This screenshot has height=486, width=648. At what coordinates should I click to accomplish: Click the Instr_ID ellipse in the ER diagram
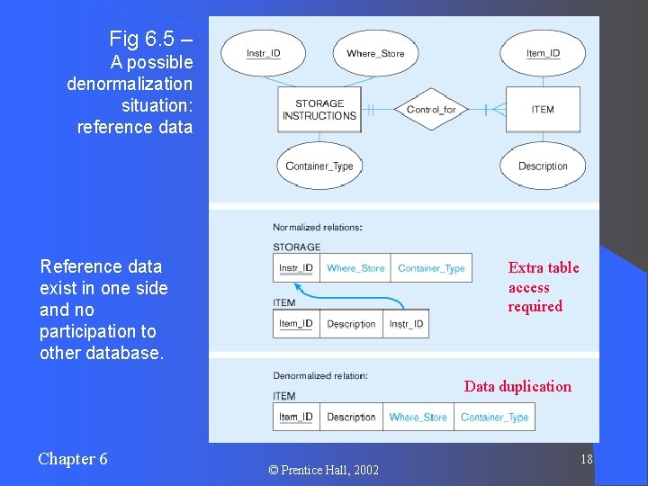click(x=263, y=54)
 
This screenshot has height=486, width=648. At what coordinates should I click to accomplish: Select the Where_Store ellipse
click(x=375, y=54)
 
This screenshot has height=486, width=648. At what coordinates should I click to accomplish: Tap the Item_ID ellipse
click(x=543, y=54)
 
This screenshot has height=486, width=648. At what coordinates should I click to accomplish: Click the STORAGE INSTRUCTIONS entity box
click(x=319, y=110)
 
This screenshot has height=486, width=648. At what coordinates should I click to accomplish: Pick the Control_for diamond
click(x=431, y=110)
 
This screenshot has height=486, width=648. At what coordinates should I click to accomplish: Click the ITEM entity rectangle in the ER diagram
click(x=543, y=110)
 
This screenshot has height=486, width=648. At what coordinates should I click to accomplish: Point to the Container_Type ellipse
click(x=319, y=166)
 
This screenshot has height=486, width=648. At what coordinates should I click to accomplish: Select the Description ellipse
click(x=543, y=166)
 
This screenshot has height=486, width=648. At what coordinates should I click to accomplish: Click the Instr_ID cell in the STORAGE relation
click(x=296, y=268)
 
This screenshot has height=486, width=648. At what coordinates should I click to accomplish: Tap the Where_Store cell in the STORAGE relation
click(x=355, y=268)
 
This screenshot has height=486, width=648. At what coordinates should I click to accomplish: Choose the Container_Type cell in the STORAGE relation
click(x=431, y=268)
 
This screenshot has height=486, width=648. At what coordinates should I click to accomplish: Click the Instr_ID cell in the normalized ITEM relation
click(x=406, y=324)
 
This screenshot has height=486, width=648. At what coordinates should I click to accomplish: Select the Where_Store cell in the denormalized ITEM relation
click(x=418, y=417)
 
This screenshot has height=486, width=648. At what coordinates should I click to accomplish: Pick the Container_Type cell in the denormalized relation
click(x=494, y=417)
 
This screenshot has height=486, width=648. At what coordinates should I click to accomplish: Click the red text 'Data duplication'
click(x=517, y=386)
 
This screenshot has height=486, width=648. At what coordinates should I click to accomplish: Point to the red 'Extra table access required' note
click(x=543, y=287)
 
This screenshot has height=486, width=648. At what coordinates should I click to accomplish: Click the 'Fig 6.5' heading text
click(x=149, y=39)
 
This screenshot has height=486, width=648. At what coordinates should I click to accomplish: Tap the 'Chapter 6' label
click(x=73, y=459)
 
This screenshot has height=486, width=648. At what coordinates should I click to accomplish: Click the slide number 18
click(x=586, y=460)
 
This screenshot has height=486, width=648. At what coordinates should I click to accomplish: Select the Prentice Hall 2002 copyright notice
click(x=324, y=470)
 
